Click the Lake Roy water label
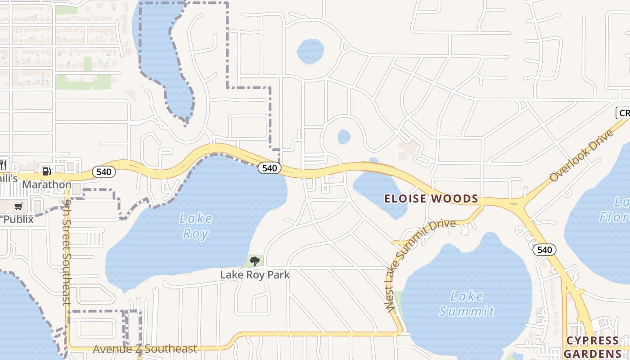(196, 226)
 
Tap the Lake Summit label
(467, 304)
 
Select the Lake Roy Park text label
(255, 274)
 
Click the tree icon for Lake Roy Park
(255, 261)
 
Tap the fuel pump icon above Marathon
(46, 171)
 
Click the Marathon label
(47, 184)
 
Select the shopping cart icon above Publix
(18, 207)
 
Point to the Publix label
(18, 219)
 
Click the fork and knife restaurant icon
(3, 164)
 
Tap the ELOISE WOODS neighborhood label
(431, 198)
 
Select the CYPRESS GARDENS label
(593, 347)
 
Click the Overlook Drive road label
(581, 155)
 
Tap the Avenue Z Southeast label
(145, 349)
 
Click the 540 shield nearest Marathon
(104, 172)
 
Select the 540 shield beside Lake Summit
(544, 250)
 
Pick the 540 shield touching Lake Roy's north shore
(270, 168)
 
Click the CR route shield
(623, 112)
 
